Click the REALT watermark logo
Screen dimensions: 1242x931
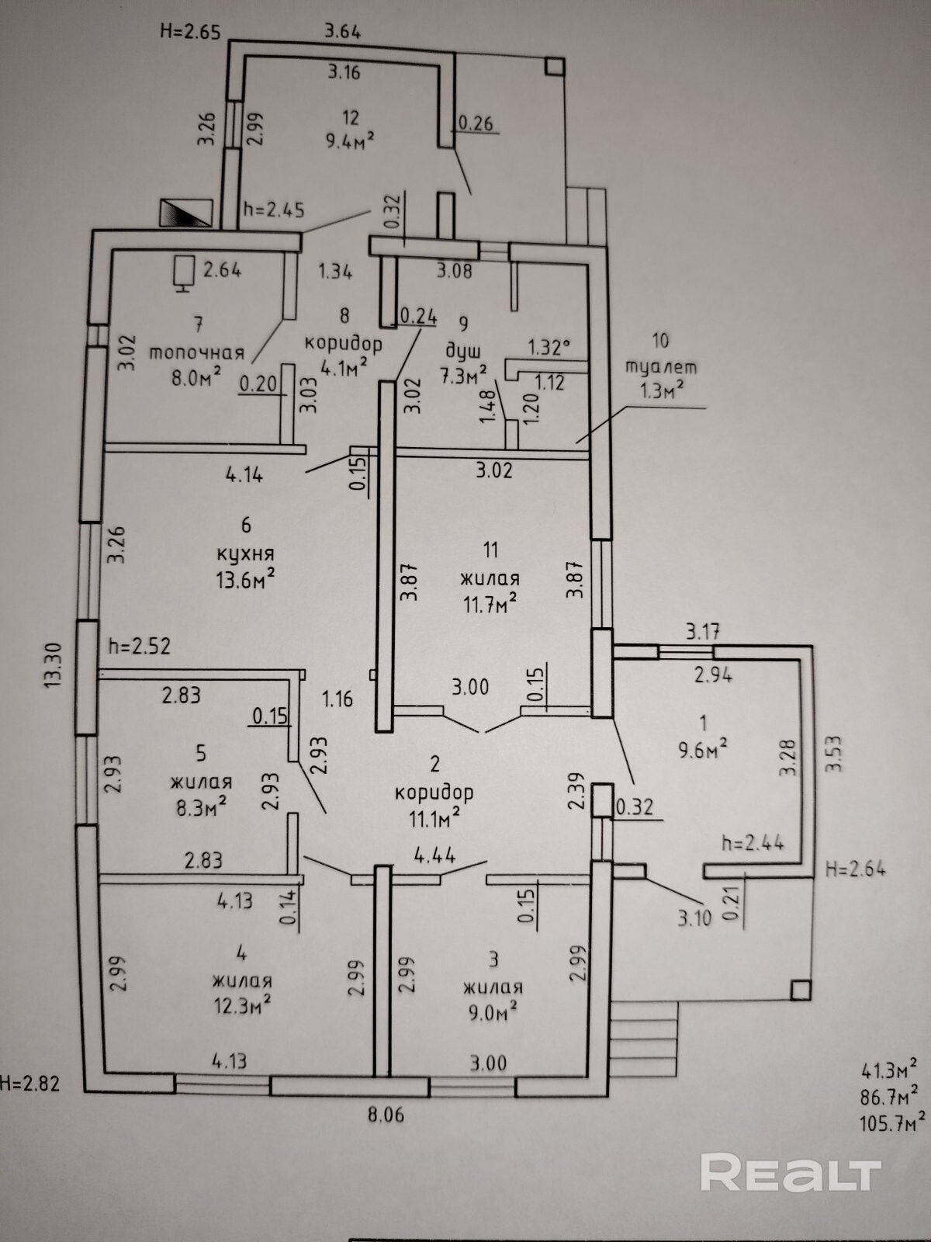[x=791, y=1173]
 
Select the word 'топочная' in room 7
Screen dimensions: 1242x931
[x=196, y=352]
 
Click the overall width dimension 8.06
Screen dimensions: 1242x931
[x=386, y=1115]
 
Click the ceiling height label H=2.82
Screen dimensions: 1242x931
[x=29, y=1084]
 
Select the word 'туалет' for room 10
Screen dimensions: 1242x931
[x=662, y=367]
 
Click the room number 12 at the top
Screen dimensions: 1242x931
[x=350, y=117]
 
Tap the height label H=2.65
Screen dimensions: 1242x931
[x=191, y=32]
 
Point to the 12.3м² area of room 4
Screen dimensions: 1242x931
[x=243, y=1006]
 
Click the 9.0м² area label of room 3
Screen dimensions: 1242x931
[x=493, y=1012]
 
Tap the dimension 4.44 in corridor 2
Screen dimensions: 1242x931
[x=434, y=855]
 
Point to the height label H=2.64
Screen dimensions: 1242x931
[x=856, y=869]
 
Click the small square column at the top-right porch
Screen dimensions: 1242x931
[x=555, y=67]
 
